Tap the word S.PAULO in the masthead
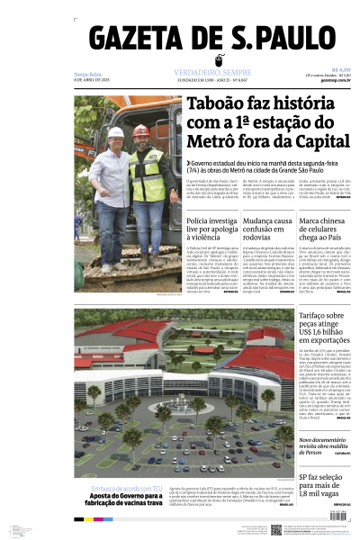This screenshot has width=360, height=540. pyautogui.click(x=279, y=40)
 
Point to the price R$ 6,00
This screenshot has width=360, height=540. pyautogui.click(x=340, y=70)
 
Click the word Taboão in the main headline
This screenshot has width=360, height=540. pyautogui.click(x=217, y=104)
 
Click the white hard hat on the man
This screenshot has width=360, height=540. pyautogui.click(x=115, y=131)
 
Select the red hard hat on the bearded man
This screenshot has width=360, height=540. pyautogui.click(x=142, y=130)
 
